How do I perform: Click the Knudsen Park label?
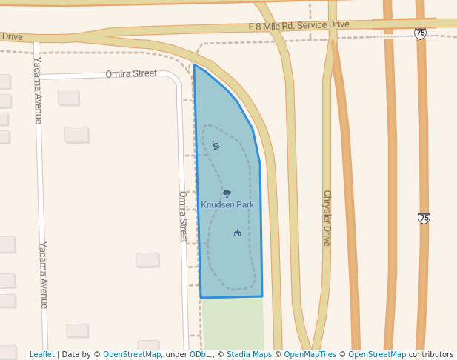click(227, 204)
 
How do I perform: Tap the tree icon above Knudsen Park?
click(227, 193)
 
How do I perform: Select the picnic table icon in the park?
click(216, 145)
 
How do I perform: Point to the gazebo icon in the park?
click(237, 233)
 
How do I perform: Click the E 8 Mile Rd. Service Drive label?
click(298, 27)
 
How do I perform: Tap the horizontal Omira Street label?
click(131, 73)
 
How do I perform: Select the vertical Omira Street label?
click(183, 216)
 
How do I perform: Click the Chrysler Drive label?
click(327, 218)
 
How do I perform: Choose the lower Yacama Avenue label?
click(43, 275)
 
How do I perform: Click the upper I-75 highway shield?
click(421, 33)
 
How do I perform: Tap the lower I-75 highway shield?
click(424, 218)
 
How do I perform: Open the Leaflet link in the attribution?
click(41, 355)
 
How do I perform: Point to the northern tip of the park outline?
click(194, 65)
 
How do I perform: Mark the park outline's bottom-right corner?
click(262, 296)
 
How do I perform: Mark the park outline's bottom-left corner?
click(201, 298)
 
